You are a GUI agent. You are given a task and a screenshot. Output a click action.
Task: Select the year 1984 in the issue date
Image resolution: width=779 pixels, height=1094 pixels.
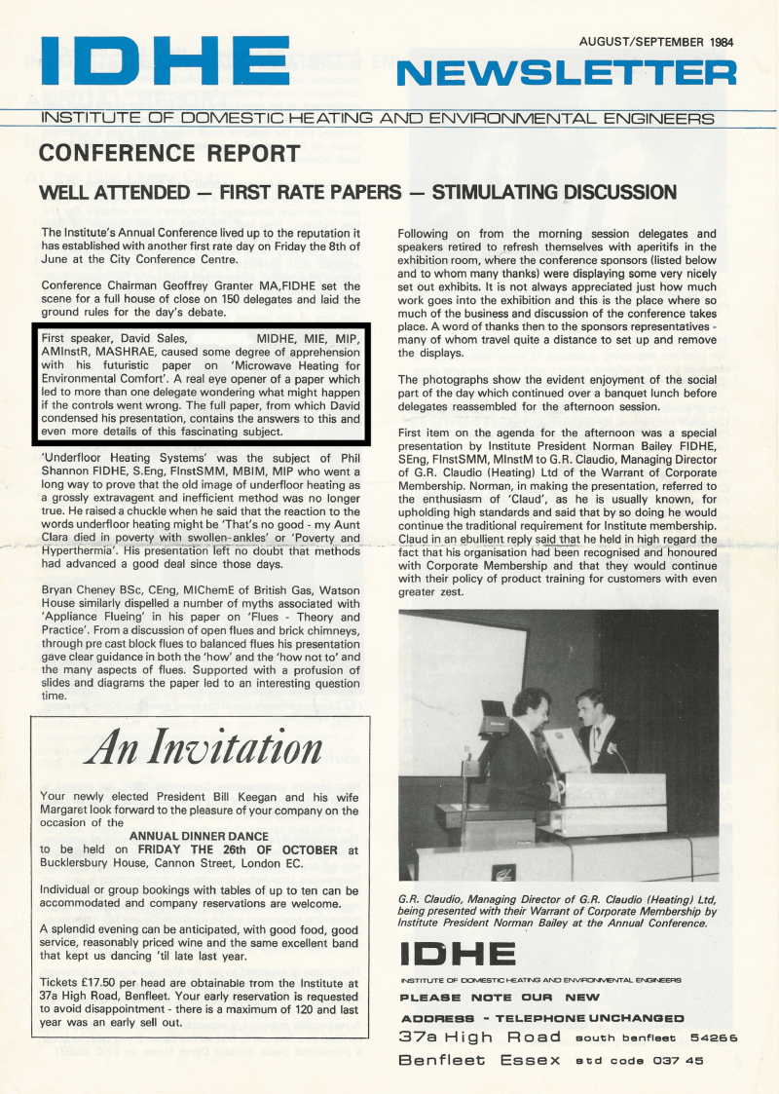715,42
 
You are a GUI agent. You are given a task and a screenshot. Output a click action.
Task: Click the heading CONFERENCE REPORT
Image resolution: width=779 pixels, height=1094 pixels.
169,153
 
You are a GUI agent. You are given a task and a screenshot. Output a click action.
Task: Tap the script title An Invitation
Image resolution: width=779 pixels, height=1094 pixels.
204,748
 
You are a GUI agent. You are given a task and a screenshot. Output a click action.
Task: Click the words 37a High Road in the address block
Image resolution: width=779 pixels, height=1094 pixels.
480,1037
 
